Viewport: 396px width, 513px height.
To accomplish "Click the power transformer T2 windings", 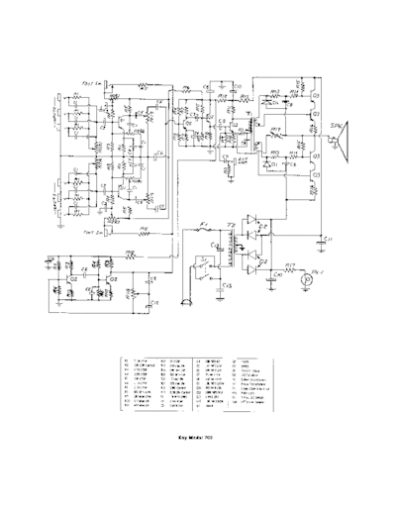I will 232,253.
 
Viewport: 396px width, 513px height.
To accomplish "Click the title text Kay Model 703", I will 198,433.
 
